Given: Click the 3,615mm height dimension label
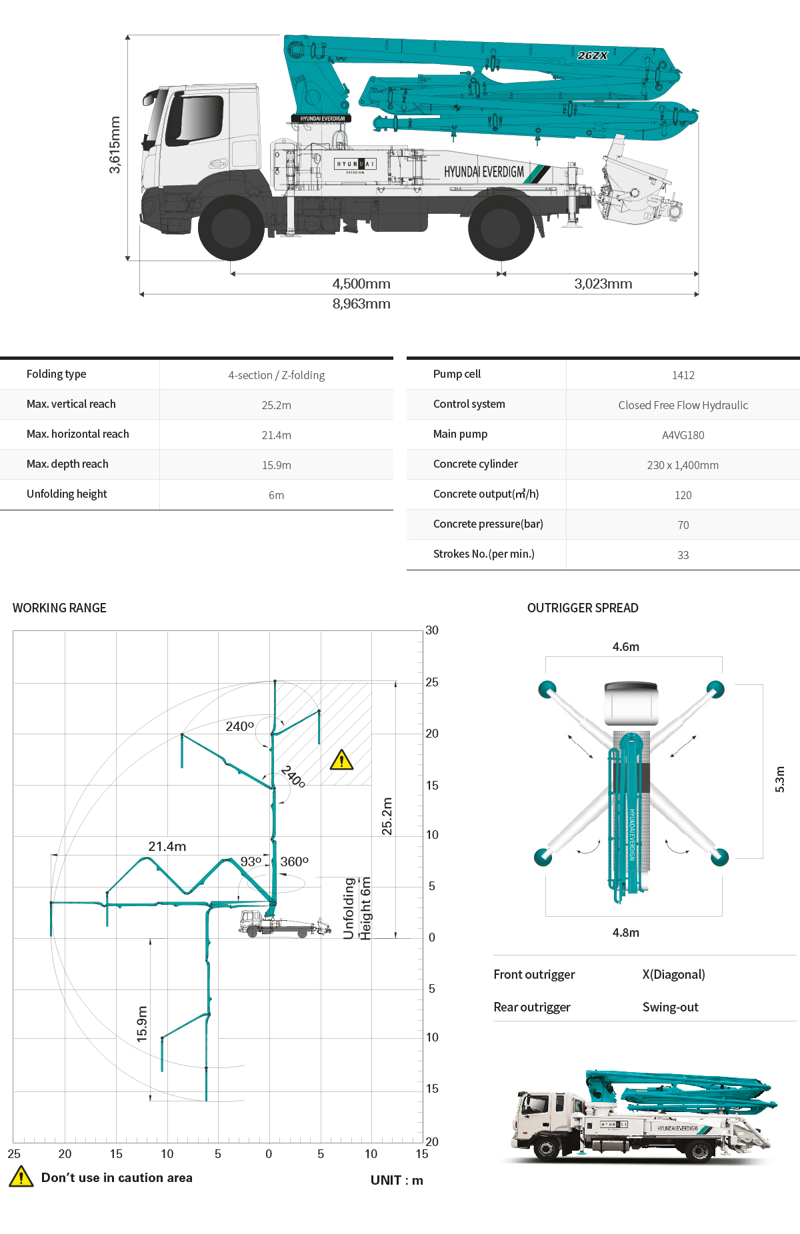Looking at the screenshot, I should pyautogui.click(x=115, y=145).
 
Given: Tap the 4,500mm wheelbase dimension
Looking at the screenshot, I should pyautogui.click(x=361, y=284).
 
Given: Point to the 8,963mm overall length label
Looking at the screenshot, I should pyautogui.click(x=361, y=304).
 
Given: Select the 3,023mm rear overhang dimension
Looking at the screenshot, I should pyautogui.click(x=603, y=284).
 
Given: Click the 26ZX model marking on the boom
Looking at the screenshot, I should pyautogui.click(x=593, y=55).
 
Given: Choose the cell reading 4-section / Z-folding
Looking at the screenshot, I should pyautogui.click(x=276, y=375).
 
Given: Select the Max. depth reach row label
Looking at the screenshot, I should pyautogui.click(x=67, y=464).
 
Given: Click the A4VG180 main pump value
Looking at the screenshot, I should pyautogui.click(x=683, y=435).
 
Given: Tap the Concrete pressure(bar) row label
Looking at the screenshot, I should pyautogui.click(x=488, y=524).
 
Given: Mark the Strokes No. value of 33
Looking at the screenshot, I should pyautogui.click(x=683, y=555).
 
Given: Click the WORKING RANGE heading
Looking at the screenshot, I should pyautogui.click(x=59, y=608).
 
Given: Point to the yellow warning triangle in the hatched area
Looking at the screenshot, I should pyautogui.click(x=341, y=760).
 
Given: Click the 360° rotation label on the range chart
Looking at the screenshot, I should pyautogui.click(x=294, y=862).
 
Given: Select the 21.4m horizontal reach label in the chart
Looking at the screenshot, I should pyautogui.click(x=167, y=846).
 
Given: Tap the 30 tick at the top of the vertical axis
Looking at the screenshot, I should pyautogui.click(x=432, y=630).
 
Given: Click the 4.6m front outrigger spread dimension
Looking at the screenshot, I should pyautogui.click(x=625, y=646).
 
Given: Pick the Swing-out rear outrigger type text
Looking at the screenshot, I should pyautogui.click(x=670, y=1007).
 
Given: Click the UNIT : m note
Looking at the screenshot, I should pyautogui.click(x=397, y=1180).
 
